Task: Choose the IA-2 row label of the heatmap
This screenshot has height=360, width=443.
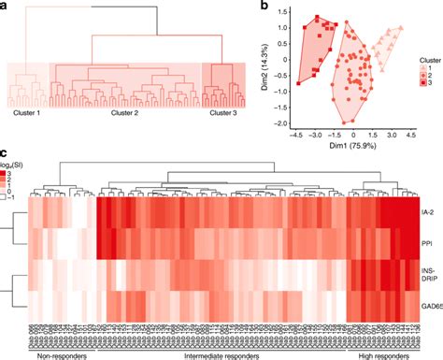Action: click(429, 213)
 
